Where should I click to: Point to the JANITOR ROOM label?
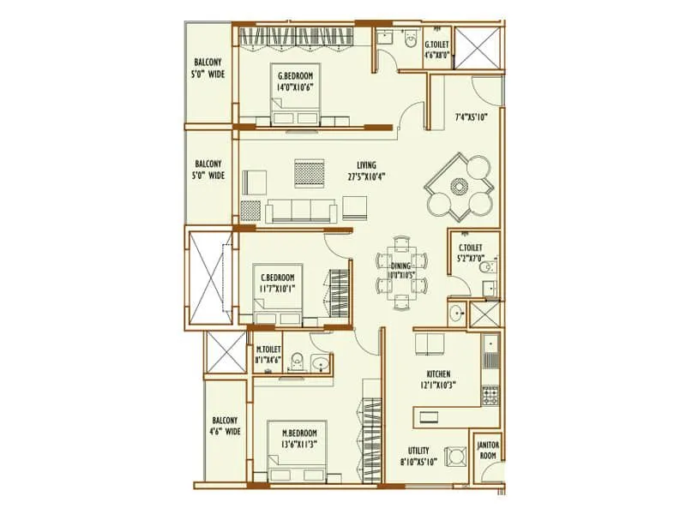[488, 450]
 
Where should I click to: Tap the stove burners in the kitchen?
[490, 396]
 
